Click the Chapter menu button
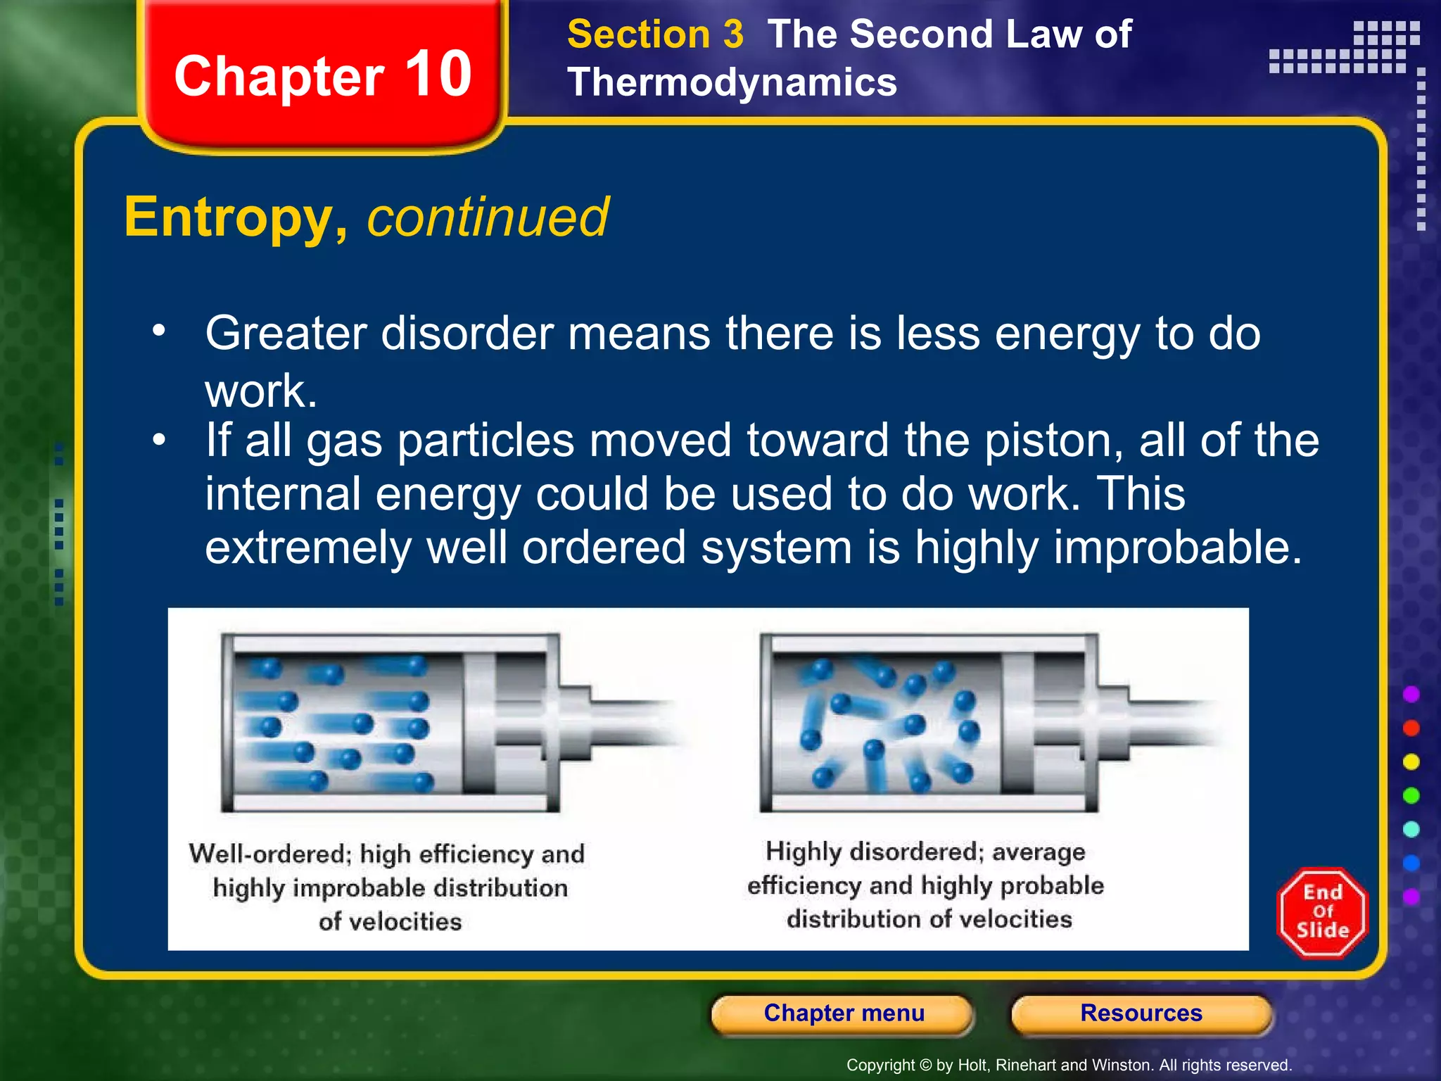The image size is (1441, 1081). coord(844,1013)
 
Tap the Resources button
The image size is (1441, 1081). coord(1141,1013)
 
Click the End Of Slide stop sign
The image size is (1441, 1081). coord(1322,913)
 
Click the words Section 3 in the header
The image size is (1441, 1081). coord(655,34)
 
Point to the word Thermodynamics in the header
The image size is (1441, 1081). coord(732,83)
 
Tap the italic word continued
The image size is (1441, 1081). coord(488,218)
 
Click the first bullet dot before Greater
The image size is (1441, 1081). coord(159,329)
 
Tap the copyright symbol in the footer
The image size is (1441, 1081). coord(926,1066)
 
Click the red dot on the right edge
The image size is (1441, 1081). coord(1411,728)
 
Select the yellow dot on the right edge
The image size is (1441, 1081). coord(1411,761)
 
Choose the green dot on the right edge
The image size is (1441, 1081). coord(1411,795)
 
